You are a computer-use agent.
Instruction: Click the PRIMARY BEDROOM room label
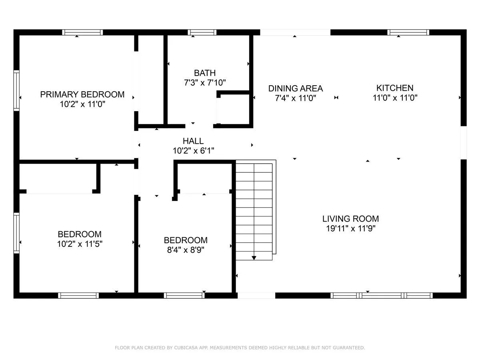click(82, 94)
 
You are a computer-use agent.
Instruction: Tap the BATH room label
click(205, 73)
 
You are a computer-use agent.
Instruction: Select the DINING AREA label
click(296, 88)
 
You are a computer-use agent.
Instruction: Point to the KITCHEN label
click(395, 88)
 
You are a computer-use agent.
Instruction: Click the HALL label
click(193, 141)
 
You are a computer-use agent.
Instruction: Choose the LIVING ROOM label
click(350, 218)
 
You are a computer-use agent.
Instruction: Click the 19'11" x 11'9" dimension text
click(350, 228)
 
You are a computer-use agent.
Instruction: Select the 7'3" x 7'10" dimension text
click(205, 83)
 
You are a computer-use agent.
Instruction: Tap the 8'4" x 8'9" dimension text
click(186, 250)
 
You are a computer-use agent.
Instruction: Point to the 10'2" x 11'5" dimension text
click(80, 244)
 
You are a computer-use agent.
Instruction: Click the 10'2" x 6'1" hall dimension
click(193, 151)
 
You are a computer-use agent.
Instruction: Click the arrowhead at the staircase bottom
click(254, 258)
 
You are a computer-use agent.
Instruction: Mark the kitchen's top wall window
click(408, 32)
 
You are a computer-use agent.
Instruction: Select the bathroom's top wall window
click(202, 32)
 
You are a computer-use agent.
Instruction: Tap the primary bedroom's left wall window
click(17, 90)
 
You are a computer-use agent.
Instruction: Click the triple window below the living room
click(381, 295)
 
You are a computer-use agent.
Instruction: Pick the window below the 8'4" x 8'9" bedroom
click(184, 295)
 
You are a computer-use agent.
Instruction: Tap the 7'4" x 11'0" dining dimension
click(296, 98)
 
